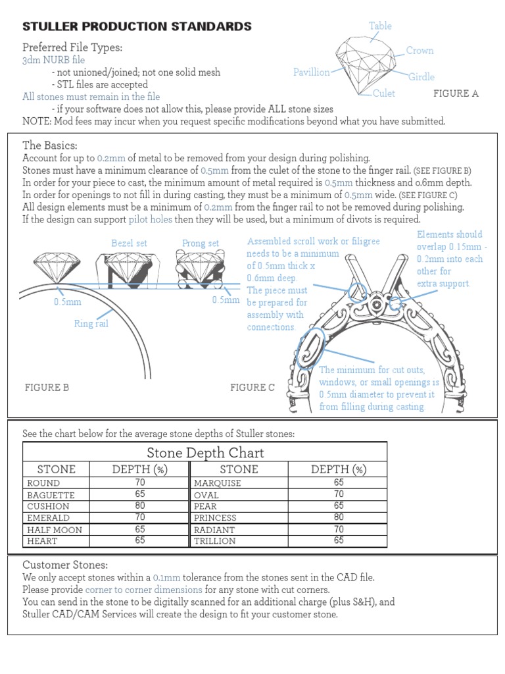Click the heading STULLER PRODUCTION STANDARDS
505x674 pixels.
tap(137, 26)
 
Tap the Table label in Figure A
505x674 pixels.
tap(380, 26)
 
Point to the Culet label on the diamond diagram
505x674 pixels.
tap(383, 93)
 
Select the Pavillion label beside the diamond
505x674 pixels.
tap(311, 72)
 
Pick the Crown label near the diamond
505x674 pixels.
tap(420, 51)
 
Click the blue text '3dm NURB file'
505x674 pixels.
tap(53, 60)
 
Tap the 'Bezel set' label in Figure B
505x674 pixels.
tap(129, 244)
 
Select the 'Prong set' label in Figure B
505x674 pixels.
tap(201, 244)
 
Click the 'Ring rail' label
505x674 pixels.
tap(91, 323)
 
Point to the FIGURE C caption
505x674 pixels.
tap(252, 388)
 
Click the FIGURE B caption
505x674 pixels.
tap(47, 388)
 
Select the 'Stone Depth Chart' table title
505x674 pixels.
tap(205, 453)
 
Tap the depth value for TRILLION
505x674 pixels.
tap(339, 541)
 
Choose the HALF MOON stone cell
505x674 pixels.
tap(55, 530)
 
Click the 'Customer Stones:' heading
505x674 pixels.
tap(65, 565)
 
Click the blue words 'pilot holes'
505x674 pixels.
tap(151, 219)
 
